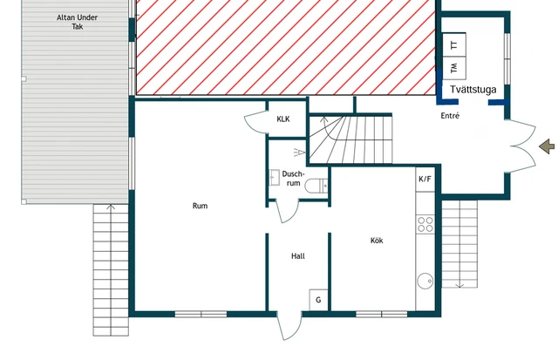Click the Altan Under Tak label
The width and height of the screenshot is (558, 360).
(x=78, y=22)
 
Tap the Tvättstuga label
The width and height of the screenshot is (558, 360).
(x=473, y=89)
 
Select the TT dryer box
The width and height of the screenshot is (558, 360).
(x=454, y=44)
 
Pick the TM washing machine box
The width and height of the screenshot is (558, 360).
(x=454, y=68)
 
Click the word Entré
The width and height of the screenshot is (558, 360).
(x=450, y=116)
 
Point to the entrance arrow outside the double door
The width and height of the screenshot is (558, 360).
(x=547, y=146)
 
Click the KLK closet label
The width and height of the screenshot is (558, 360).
(x=283, y=119)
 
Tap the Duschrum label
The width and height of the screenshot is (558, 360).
(x=293, y=179)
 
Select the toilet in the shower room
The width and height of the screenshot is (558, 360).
(x=316, y=186)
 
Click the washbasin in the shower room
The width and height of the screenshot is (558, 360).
(x=275, y=177)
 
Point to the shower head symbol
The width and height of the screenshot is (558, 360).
(x=300, y=153)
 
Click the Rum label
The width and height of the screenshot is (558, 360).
(x=200, y=206)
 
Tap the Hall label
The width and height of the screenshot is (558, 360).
(x=298, y=256)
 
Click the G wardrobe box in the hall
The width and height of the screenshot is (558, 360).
(x=318, y=300)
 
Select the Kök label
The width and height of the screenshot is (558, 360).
(x=377, y=241)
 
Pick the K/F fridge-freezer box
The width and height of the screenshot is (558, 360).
(x=425, y=180)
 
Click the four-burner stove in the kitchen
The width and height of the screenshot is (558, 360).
(x=425, y=225)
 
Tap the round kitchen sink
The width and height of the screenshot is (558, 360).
(x=425, y=281)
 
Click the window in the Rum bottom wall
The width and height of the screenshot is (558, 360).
(x=201, y=314)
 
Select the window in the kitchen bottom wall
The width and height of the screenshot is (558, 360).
(x=382, y=314)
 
